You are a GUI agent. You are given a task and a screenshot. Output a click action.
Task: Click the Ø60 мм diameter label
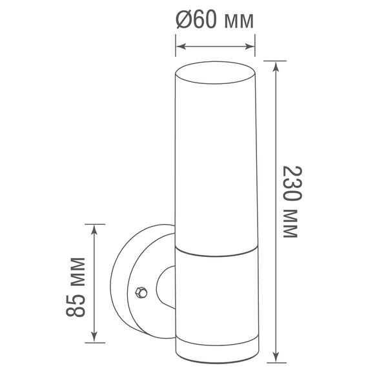(x=214, y=21)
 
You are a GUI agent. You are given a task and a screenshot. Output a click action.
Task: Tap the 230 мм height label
(x=292, y=202)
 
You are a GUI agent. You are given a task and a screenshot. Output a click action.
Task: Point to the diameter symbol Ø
(x=184, y=21)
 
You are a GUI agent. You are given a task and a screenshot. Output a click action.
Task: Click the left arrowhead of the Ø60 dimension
(x=180, y=46)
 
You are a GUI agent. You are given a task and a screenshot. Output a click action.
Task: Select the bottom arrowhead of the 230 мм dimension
(x=276, y=356)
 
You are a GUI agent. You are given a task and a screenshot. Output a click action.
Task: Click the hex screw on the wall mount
(x=139, y=292)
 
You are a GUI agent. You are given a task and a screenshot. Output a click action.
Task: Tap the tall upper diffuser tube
(x=215, y=155)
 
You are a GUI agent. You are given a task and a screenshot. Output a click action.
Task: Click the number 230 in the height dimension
(x=292, y=184)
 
